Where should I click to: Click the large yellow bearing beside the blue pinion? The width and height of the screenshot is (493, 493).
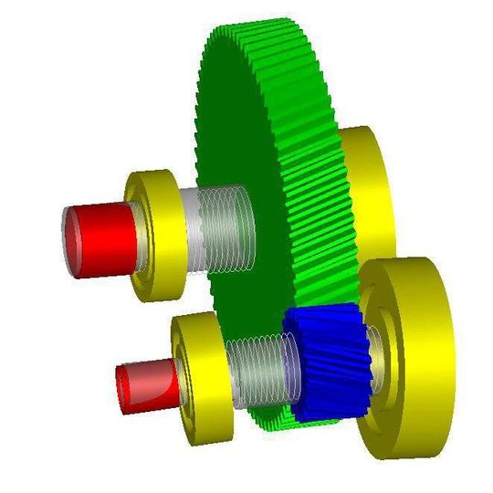click(x=406, y=356)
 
